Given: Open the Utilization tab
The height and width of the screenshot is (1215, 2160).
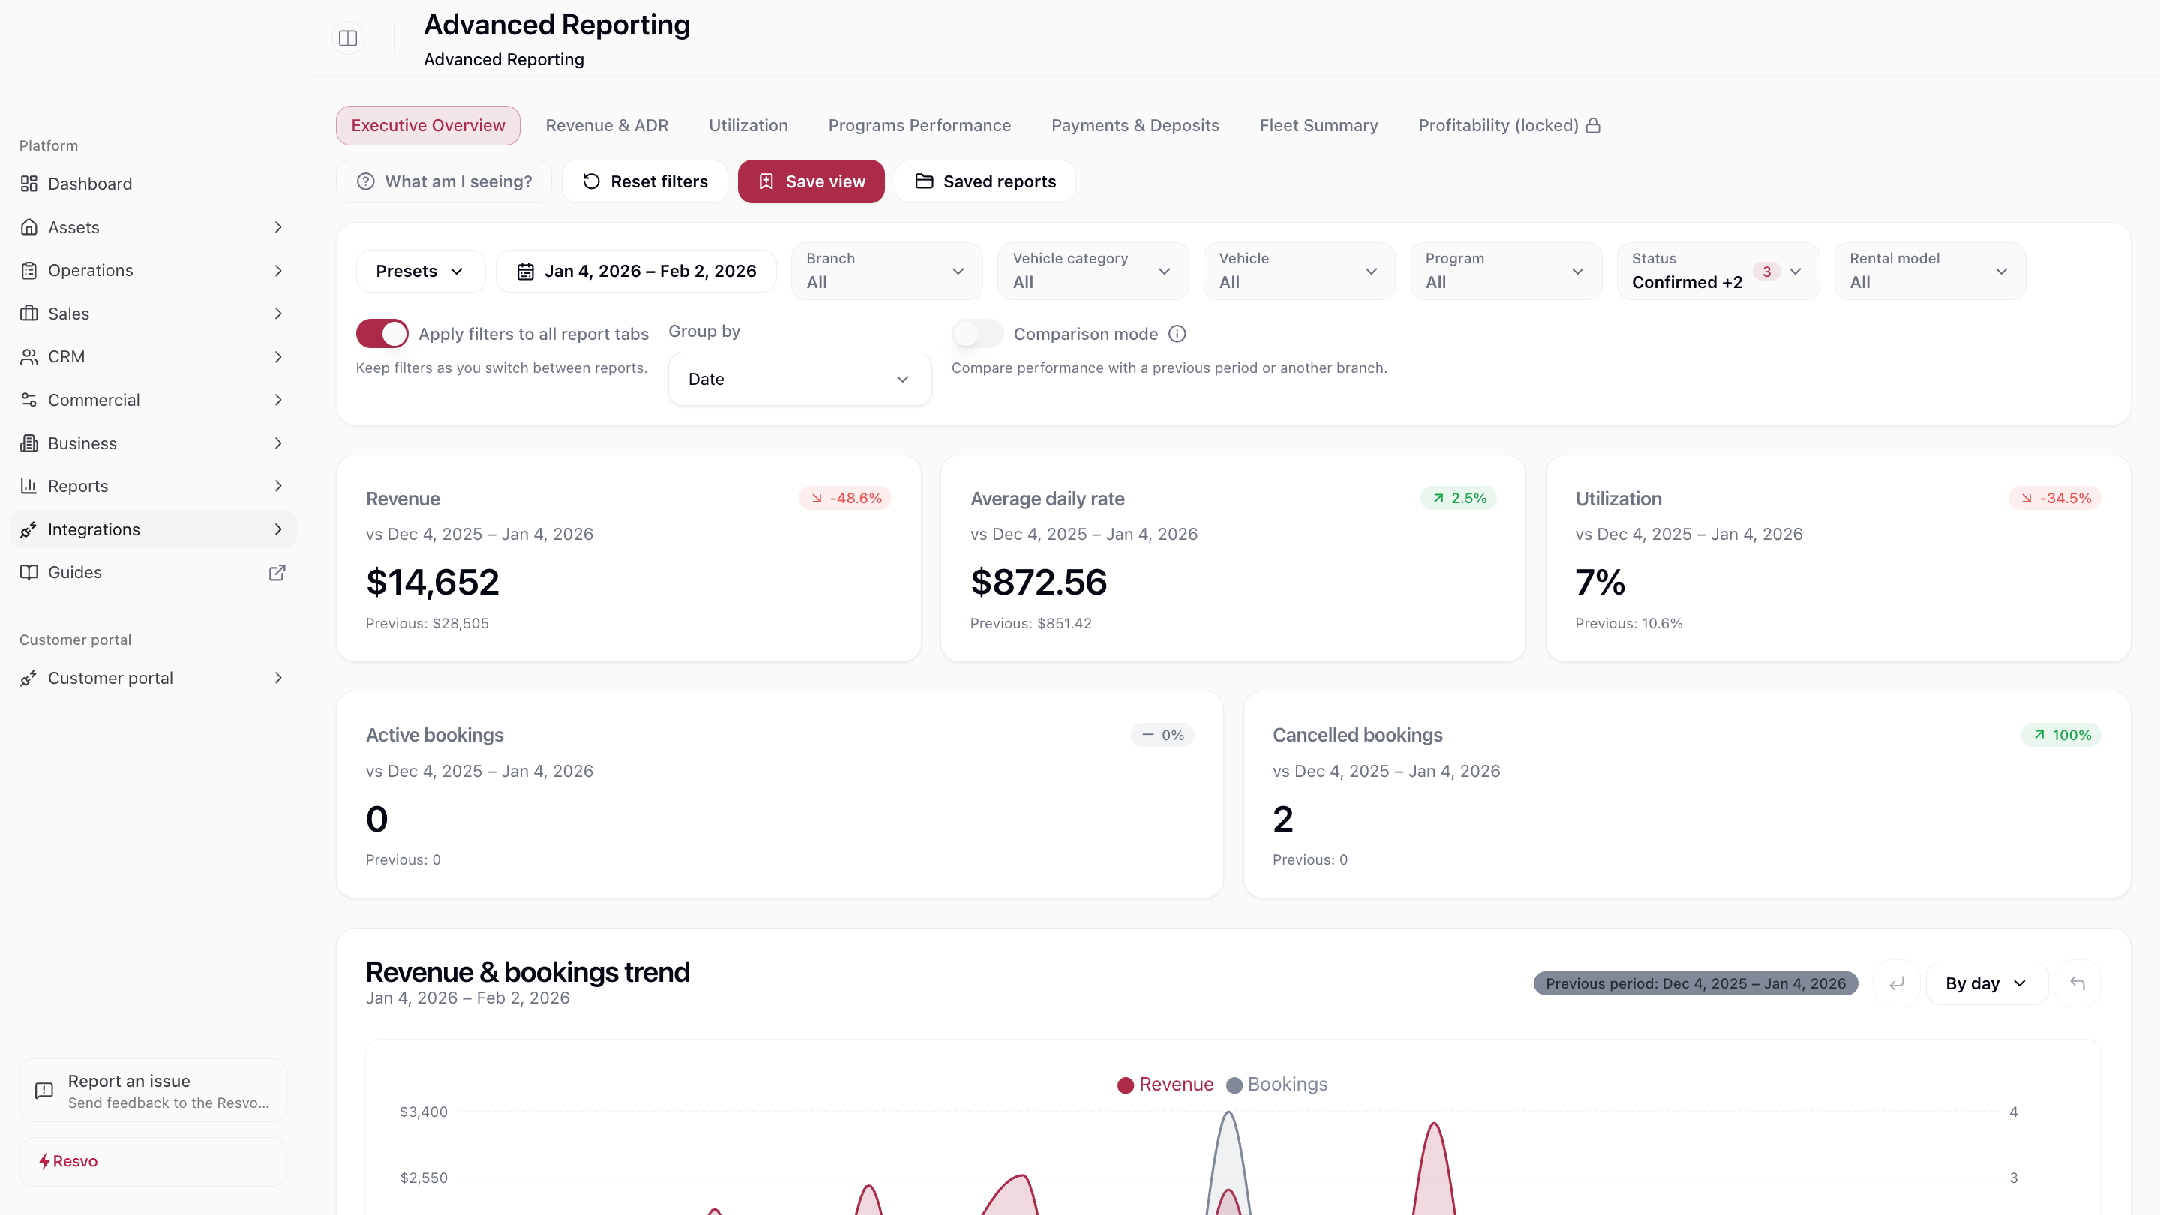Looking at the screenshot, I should point(748,125).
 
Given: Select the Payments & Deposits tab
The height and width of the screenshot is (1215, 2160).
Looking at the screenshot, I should point(1135,125).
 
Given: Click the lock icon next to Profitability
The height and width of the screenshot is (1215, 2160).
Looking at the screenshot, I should point(1593,125).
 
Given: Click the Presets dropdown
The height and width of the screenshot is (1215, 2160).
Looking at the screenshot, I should point(419,271).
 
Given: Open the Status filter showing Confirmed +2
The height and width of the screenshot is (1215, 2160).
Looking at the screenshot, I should point(1717,271).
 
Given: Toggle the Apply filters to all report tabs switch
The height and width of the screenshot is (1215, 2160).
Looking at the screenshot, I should point(382,333).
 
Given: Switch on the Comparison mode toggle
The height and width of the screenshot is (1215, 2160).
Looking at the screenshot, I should point(976,333).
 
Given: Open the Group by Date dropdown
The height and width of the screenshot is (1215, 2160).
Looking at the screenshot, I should point(798,379).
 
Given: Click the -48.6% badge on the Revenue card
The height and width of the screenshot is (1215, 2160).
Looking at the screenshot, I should point(844,498).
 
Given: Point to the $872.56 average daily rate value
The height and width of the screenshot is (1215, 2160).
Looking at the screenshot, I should point(1038,582).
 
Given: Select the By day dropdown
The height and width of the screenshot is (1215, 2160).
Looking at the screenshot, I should point(1984,982).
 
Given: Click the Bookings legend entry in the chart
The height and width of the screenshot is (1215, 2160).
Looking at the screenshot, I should point(1277,1084).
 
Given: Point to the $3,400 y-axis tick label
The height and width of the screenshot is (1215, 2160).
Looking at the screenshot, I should point(424,1111).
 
